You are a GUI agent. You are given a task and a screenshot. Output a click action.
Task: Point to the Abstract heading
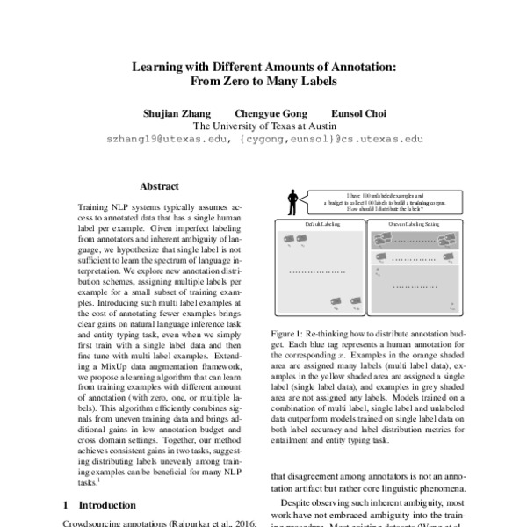(x=159, y=186)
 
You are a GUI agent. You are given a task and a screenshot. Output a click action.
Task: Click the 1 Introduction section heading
(x=104, y=505)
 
